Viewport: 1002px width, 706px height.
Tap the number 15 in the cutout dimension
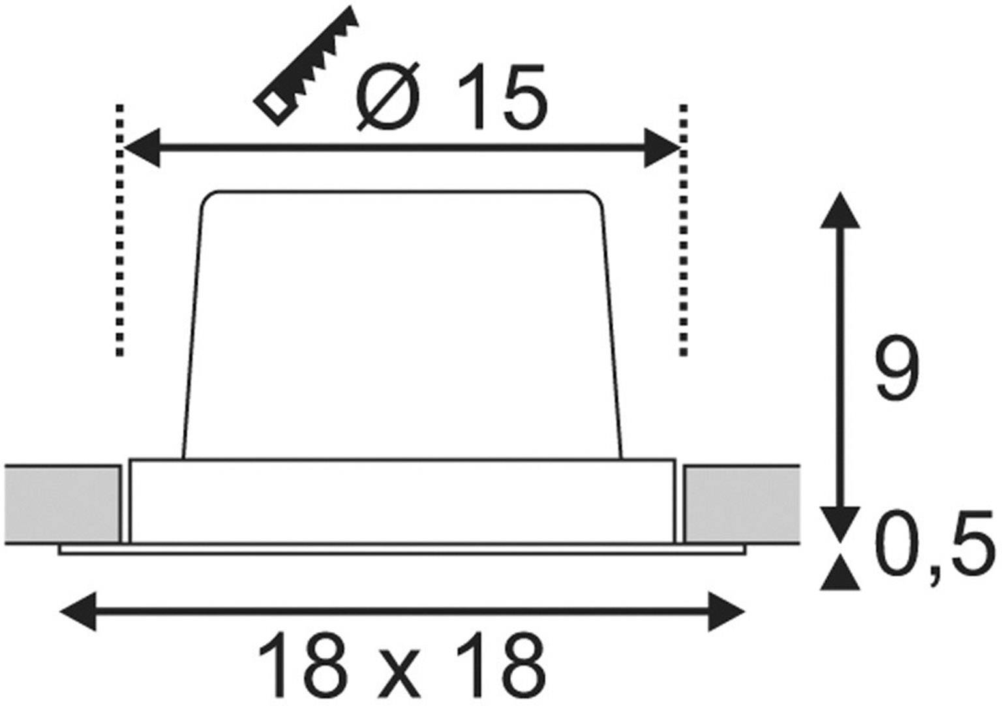[x=500, y=97]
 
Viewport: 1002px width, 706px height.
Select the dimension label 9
[x=897, y=371]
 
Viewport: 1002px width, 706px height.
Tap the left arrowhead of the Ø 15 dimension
[x=141, y=148]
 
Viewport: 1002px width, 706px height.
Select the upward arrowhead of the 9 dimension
[x=840, y=210]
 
